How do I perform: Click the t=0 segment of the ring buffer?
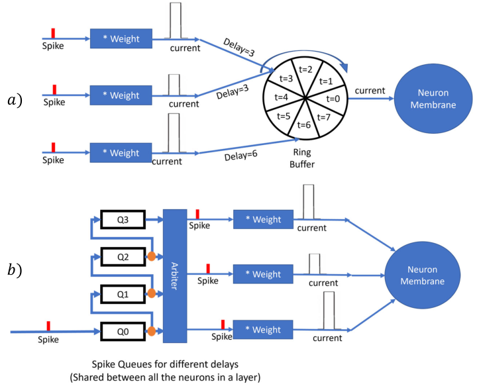332,99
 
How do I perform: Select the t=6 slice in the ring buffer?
304,124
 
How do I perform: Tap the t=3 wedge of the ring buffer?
284,79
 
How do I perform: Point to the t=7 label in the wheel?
323,117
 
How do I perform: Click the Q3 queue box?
123,219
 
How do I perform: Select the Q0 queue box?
123,332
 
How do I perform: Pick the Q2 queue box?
123,257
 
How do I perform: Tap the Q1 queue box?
123,294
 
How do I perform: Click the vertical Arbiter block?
175,276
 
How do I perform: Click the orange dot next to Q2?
152,256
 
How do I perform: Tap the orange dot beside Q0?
152,331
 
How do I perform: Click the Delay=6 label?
240,156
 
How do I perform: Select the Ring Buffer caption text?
302,158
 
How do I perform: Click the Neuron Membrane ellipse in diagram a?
433,99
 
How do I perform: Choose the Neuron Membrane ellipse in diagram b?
423,275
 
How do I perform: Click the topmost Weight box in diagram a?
121,38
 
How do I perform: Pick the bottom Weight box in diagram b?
263,330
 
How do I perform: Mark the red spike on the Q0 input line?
48,326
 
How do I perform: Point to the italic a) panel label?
15,100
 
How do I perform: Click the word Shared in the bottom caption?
88,377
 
